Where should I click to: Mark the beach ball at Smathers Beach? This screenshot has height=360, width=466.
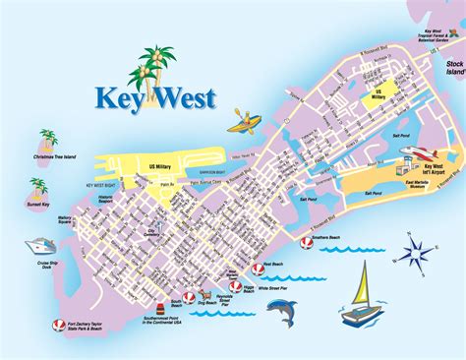tap(306, 241)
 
